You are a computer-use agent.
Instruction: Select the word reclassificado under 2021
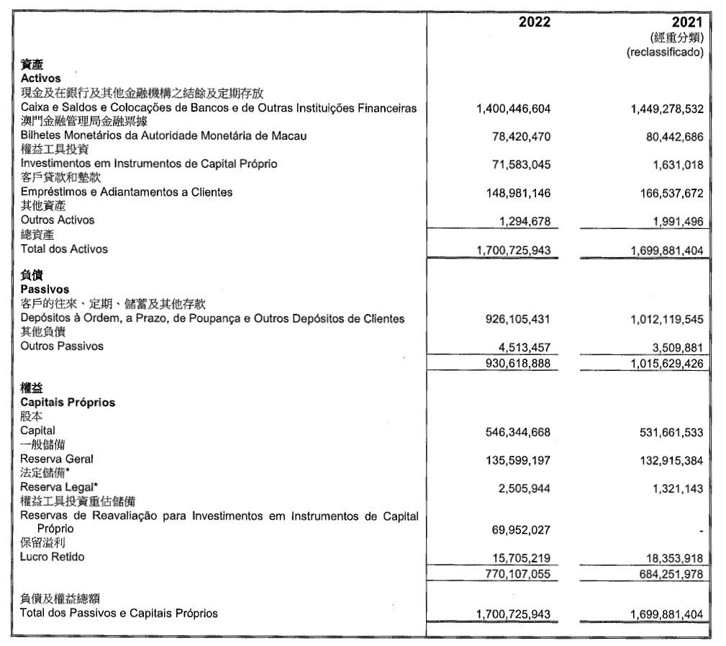pos(664,52)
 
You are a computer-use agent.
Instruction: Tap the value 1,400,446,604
pos(513,109)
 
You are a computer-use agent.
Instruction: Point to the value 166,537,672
pos(664,193)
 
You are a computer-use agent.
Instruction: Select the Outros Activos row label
pos(58,220)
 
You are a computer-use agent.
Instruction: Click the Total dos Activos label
pos(64,249)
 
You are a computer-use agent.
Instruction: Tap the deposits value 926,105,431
pos(515,318)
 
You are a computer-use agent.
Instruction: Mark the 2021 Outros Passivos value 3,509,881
pos(669,347)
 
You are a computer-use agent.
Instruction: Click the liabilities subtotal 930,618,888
pos(515,363)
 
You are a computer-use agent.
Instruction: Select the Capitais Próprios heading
pos(68,402)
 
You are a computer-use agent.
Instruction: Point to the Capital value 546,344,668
pos(515,432)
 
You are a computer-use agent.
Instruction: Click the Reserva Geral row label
pos(57,458)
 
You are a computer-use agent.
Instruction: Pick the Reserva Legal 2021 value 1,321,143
pos(672,488)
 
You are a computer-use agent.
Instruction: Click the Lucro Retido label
pos(53,557)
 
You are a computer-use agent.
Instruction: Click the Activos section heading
pos(41,78)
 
